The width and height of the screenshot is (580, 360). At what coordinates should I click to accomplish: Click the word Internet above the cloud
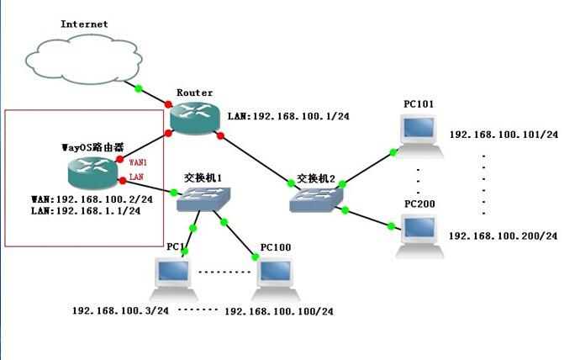[x=84, y=24]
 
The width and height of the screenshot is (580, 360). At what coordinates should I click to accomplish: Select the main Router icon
[x=194, y=117]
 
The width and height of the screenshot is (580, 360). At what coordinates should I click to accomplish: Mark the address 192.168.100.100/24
[x=279, y=311]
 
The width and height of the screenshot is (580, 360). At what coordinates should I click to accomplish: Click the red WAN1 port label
[x=139, y=161]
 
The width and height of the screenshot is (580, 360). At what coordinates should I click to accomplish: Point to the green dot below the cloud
[x=139, y=87]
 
